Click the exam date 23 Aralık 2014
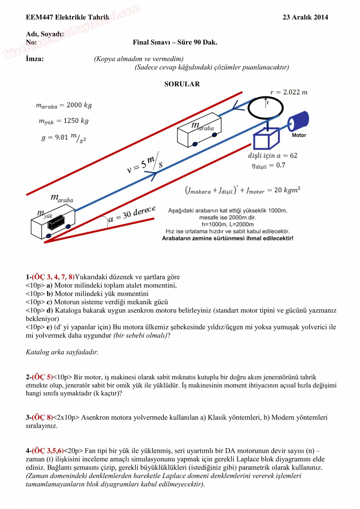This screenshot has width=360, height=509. [x=305, y=17]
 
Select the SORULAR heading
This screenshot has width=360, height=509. [x=182, y=84]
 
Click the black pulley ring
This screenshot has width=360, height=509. [x=265, y=108]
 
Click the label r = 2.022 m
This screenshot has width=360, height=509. [x=289, y=92]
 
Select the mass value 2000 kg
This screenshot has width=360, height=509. [x=79, y=105]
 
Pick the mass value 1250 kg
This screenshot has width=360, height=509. [x=76, y=121]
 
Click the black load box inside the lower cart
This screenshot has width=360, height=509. [x=56, y=223]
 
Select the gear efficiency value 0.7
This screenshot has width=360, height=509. [x=280, y=165]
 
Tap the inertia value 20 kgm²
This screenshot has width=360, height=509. [x=287, y=190]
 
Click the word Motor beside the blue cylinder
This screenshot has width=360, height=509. [x=299, y=135]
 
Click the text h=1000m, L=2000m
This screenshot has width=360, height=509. [x=228, y=224]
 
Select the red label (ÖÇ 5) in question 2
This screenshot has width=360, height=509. [x=42, y=377]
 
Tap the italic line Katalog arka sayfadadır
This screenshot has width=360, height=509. [x=62, y=352]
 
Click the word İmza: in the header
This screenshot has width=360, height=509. [x=35, y=59]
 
